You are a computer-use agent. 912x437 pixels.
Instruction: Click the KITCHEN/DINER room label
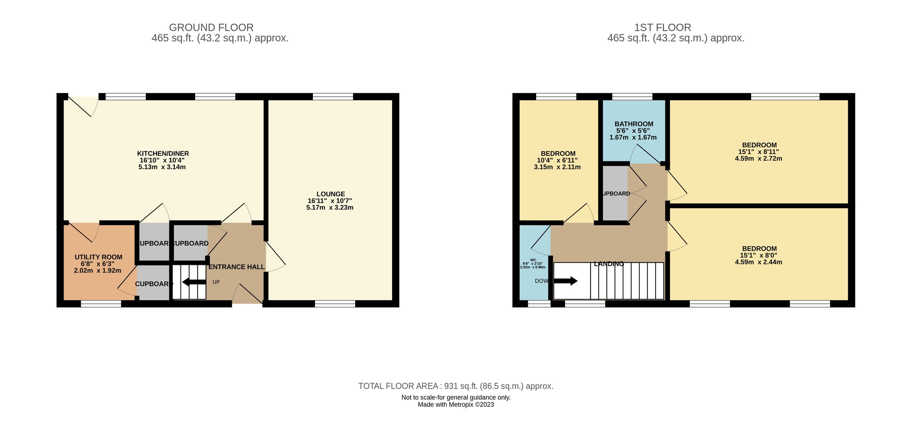[163, 154]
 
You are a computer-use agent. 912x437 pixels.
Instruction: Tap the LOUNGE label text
[331, 194]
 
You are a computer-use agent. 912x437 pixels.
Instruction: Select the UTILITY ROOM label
[98, 257]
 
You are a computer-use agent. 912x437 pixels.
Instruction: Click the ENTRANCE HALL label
[236, 267]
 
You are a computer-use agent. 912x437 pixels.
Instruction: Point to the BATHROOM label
[634, 124]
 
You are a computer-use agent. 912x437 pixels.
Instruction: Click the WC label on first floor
[533, 260]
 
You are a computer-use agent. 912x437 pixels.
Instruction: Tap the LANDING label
[609, 264]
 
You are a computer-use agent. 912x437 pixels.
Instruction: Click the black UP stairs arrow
[194, 282]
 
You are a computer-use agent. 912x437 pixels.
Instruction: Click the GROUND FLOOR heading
[211, 27]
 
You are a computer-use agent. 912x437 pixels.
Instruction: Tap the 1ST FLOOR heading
[662, 27]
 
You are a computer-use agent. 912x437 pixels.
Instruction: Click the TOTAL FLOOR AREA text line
[456, 386]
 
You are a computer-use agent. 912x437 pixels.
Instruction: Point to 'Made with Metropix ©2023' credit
[456, 405]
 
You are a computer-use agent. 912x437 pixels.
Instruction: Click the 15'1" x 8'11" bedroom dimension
[758, 152]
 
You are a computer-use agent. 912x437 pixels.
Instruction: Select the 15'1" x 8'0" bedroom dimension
[758, 255]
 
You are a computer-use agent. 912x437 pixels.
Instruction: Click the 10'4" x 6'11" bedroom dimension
[557, 160]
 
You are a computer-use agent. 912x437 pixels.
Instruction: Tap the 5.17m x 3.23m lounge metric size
[330, 207]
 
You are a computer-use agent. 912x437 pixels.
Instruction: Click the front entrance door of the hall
[247, 295]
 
